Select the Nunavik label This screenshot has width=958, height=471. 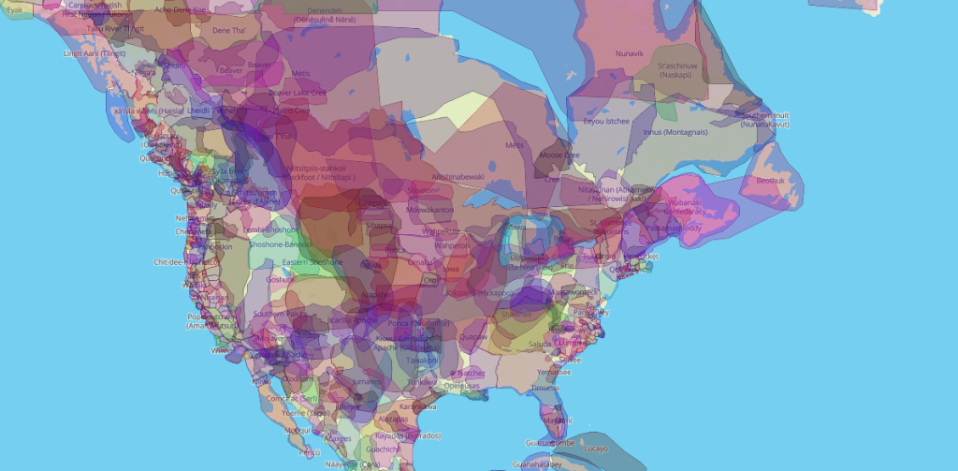pyautogui.click(x=630, y=53)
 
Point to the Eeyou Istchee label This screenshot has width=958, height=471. pyautogui.click(x=604, y=122)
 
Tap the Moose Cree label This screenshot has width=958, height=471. pyautogui.click(x=560, y=155)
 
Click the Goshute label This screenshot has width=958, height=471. pyautogui.click(x=280, y=279)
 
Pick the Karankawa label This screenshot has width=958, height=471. pyautogui.click(x=418, y=405)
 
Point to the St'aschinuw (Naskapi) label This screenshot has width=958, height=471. pyautogui.click(x=678, y=71)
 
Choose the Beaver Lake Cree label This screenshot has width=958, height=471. pyautogui.click(x=298, y=93)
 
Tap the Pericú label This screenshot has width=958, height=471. pyautogui.click(x=309, y=452)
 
